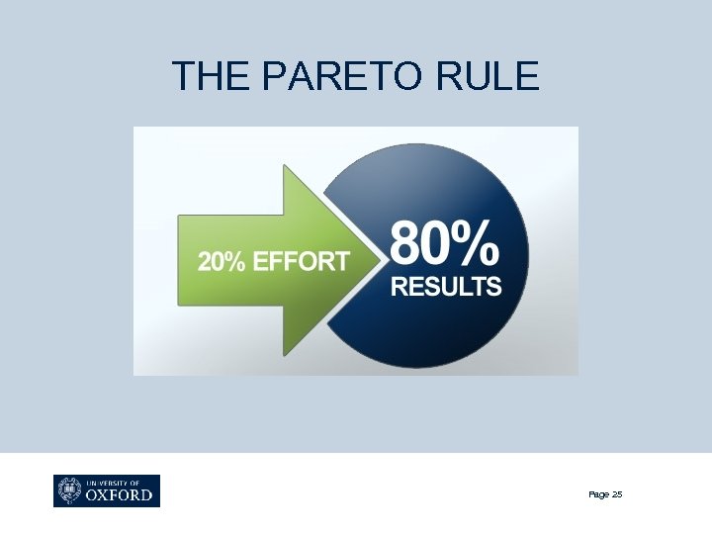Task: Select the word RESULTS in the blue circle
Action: [446, 287]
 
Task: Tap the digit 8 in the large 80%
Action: [408, 242]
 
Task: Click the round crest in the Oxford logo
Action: [69, 490]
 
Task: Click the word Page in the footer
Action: [597, 494]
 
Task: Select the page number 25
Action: [617, 494]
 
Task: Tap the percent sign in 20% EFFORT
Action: [236, 261]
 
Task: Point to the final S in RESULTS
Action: [493, 287]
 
